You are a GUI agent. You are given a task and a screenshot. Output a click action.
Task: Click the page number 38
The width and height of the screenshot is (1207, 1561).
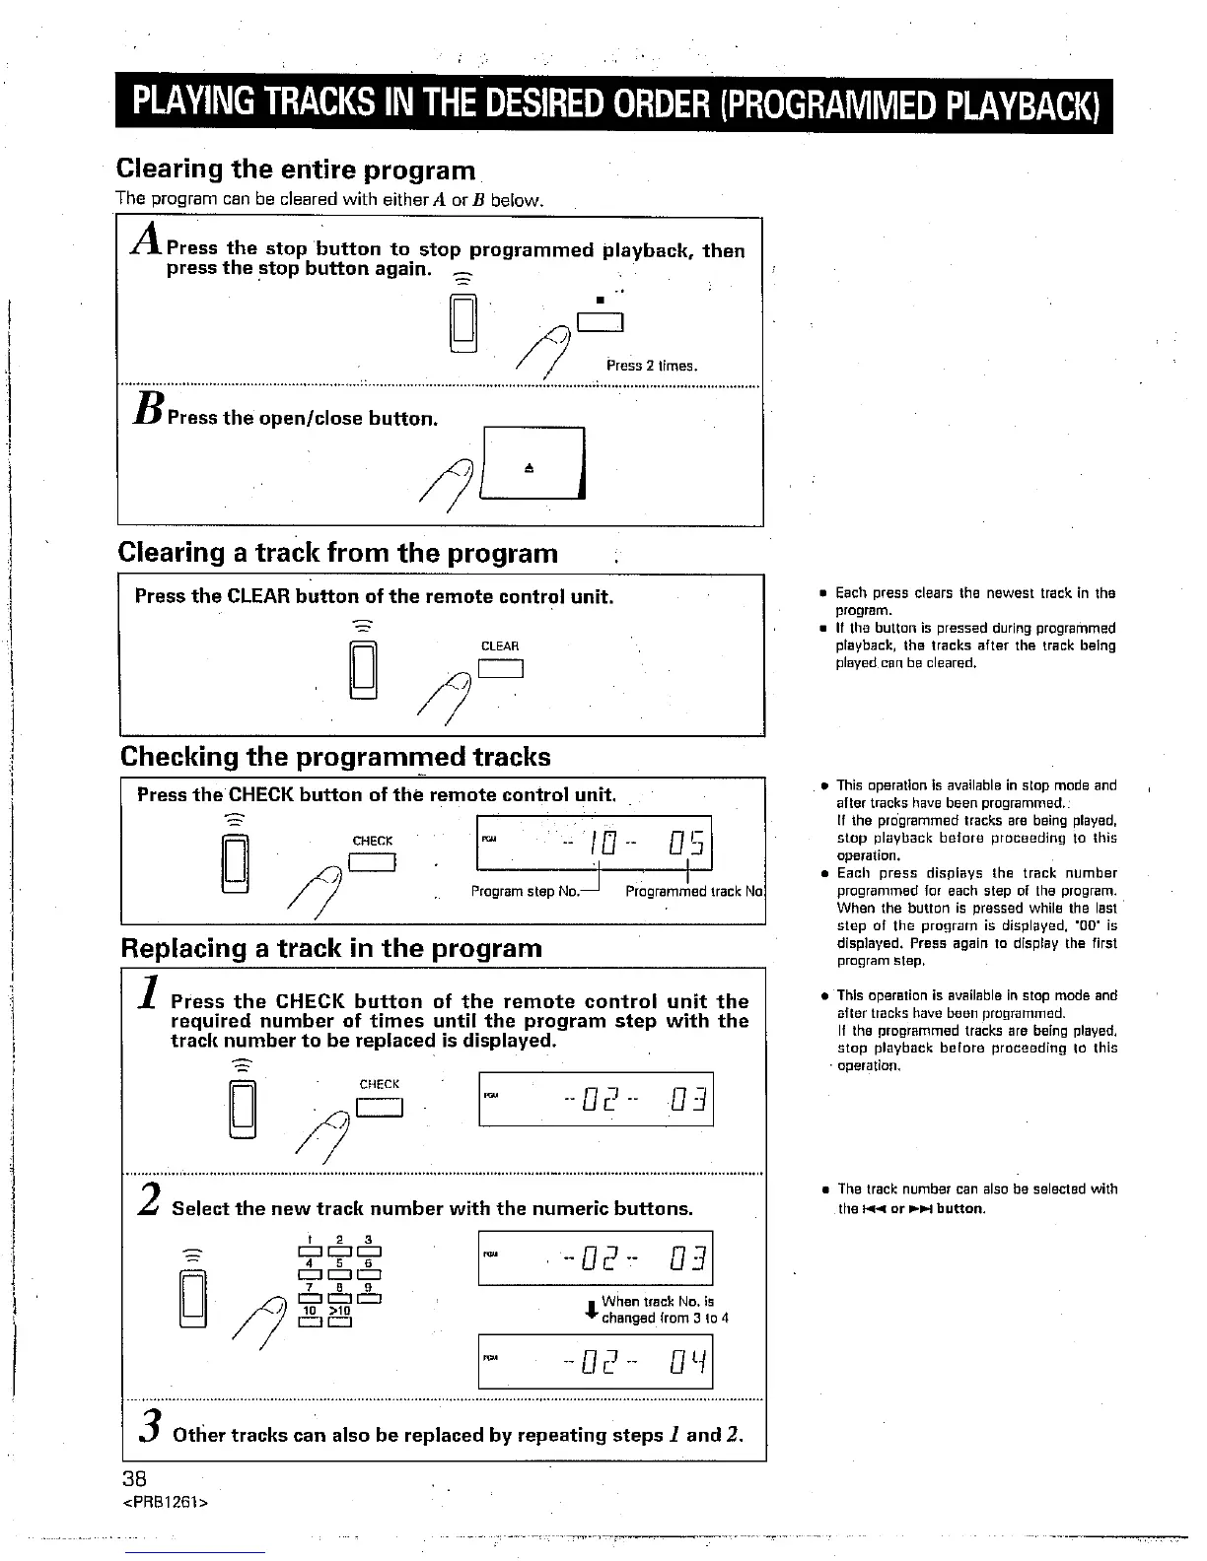pyautogui.click(x=134, y=1478)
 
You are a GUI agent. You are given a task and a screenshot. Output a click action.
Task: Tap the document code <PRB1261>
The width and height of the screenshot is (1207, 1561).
pyautogui.click(x=164, y=1502)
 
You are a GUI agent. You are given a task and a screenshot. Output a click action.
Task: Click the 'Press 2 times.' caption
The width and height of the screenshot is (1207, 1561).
pyautogui.click(x=652, y=366)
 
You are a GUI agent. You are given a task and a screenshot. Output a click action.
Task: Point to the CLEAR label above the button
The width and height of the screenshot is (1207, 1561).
pyautogui.click(x=500, y=646)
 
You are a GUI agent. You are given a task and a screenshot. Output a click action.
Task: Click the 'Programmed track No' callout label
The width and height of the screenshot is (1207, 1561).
pyautogui.click(x=694, y=892)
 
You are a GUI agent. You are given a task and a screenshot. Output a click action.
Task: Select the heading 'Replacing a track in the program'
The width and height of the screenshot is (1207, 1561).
pyautogui.click(x=331, y=948)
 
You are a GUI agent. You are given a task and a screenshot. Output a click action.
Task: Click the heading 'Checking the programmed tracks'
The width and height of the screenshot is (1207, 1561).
pyautogui.click(x=335, y=757)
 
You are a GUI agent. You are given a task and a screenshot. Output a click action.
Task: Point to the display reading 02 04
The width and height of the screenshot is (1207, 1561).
pyautogui.click(x=595, y=1361)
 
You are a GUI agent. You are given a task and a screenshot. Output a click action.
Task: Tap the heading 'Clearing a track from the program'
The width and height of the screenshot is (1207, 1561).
pyautogui.click(x=337, y=553)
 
